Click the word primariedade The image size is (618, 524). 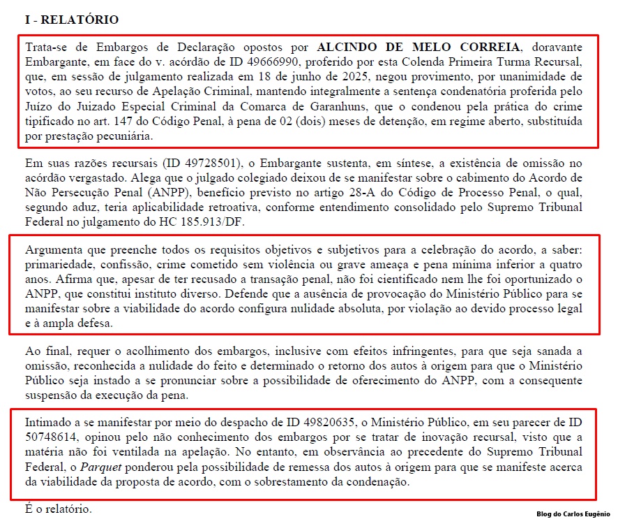[57, 265]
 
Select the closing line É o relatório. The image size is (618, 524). [57, 509]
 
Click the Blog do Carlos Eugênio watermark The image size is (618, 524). [573, 514]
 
